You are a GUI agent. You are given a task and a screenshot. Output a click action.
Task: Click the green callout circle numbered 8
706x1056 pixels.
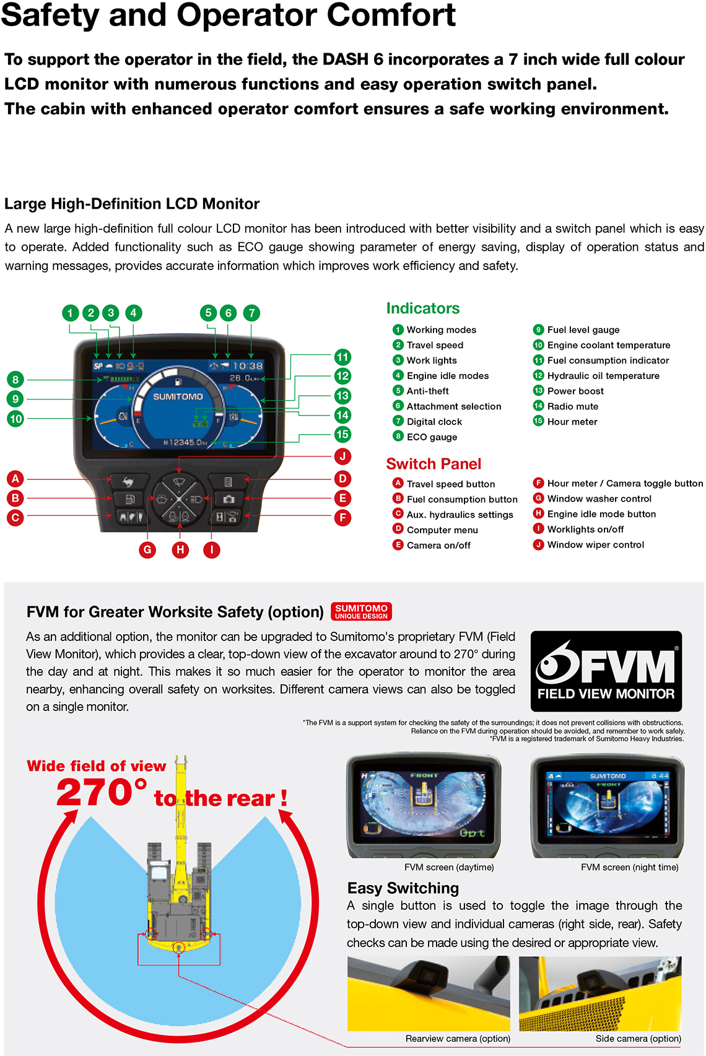pyautogui.click(x=15, y=379)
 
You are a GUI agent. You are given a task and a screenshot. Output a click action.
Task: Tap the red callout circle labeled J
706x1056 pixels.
pyautogui.click(x=342, y=456)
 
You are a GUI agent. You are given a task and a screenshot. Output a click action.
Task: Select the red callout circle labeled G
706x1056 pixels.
pyautogui.click(x=147, y=549)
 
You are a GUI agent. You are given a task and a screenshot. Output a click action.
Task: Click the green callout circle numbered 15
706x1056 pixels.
pyautogui.click(x=342, y=434)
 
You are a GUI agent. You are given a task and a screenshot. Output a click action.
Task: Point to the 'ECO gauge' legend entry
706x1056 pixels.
pyautogui.click(x=431, y=437)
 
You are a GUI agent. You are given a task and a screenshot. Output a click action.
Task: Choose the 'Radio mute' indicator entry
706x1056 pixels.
pyautogui.click(x=572, y=406)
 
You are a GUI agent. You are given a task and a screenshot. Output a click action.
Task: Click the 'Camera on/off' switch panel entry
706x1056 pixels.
pyautogui.click(x=438, y=545)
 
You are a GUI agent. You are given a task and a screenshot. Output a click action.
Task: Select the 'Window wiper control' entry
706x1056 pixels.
pyautogui.click(x=595, y=544)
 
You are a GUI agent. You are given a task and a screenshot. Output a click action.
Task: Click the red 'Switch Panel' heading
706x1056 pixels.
pyautogui.click(x=434, y=464)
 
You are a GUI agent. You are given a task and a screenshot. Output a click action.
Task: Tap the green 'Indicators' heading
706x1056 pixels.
pyautogui.click(x=423, y=308)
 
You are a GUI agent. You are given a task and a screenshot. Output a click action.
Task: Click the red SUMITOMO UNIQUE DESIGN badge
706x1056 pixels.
pyautogui.click(x=362, y=611)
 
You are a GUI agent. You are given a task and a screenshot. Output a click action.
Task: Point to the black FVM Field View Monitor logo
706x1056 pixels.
pyautogui.click(x=606, y=671)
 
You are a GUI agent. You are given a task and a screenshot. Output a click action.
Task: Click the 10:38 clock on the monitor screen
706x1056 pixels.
pyautogui.click(x=248, y=366)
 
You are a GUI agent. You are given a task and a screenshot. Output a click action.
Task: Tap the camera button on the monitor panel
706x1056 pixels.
pyautogui.click(x=229, y=499)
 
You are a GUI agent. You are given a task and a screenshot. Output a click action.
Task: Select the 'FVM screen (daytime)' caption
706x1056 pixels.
pyautogui.click(x=449, y=867)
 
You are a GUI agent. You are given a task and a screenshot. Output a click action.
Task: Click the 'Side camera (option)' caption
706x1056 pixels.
pyautogui.click(x=638, y=1039)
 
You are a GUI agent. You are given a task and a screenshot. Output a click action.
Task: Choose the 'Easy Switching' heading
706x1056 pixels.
pyautogui.click(x=403, y=888)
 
